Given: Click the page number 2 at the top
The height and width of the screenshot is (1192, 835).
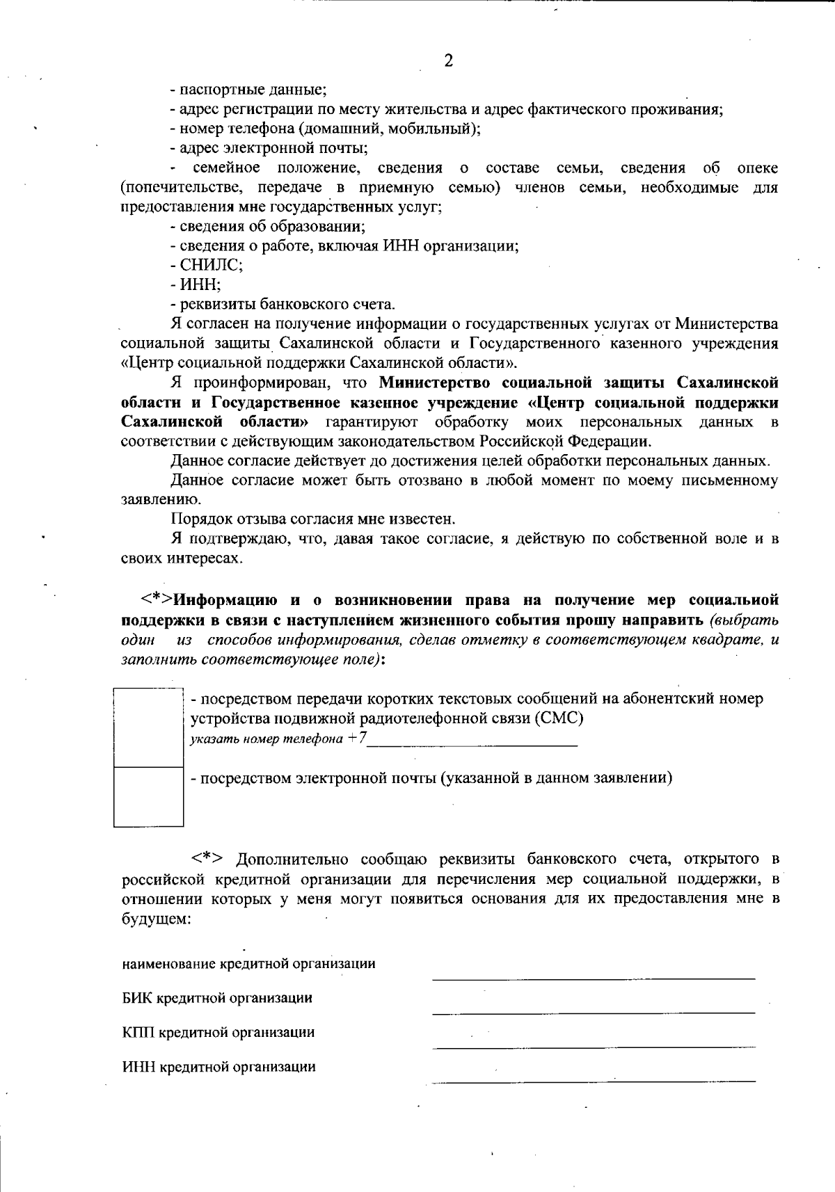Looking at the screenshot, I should pos(448,61).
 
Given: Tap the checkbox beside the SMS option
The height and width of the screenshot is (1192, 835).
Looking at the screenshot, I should pos(148,727).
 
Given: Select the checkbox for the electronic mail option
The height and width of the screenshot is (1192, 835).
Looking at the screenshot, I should pos(148,796).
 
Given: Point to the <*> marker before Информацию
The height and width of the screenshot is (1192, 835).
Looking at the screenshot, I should pos(157,599).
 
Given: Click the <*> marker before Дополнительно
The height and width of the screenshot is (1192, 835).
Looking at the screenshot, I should pos(211,859).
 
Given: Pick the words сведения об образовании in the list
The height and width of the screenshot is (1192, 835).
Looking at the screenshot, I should pos(272,226).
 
